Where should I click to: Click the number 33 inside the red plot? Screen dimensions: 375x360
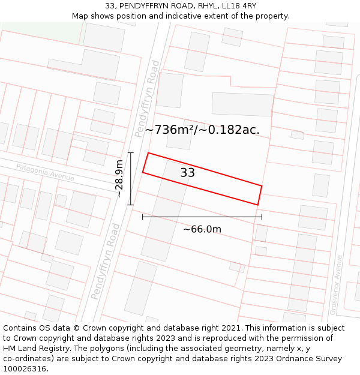coord(188,173)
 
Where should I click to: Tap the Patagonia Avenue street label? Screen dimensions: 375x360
coord(45,172)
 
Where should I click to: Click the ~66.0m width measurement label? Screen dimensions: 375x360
coord(202,229)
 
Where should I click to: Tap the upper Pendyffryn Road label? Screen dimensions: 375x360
coord(147,99)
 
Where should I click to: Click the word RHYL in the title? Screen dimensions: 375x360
coord(205,6)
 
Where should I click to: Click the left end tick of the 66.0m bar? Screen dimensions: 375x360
coord(142,217)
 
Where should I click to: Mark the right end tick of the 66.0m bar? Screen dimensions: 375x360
coord(262,217)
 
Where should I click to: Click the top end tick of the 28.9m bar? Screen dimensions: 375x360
coord(131,153)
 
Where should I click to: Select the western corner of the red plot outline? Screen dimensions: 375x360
coord(142,173)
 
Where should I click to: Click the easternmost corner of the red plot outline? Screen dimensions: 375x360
coord(262,185)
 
